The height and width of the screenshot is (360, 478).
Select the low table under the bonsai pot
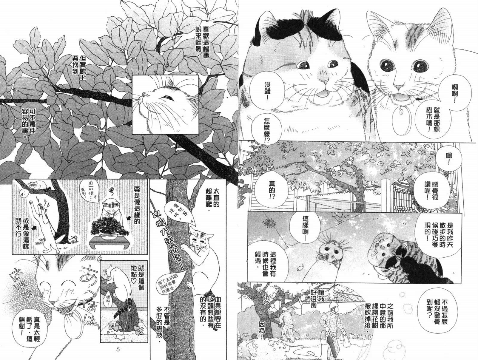coord(108,243)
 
